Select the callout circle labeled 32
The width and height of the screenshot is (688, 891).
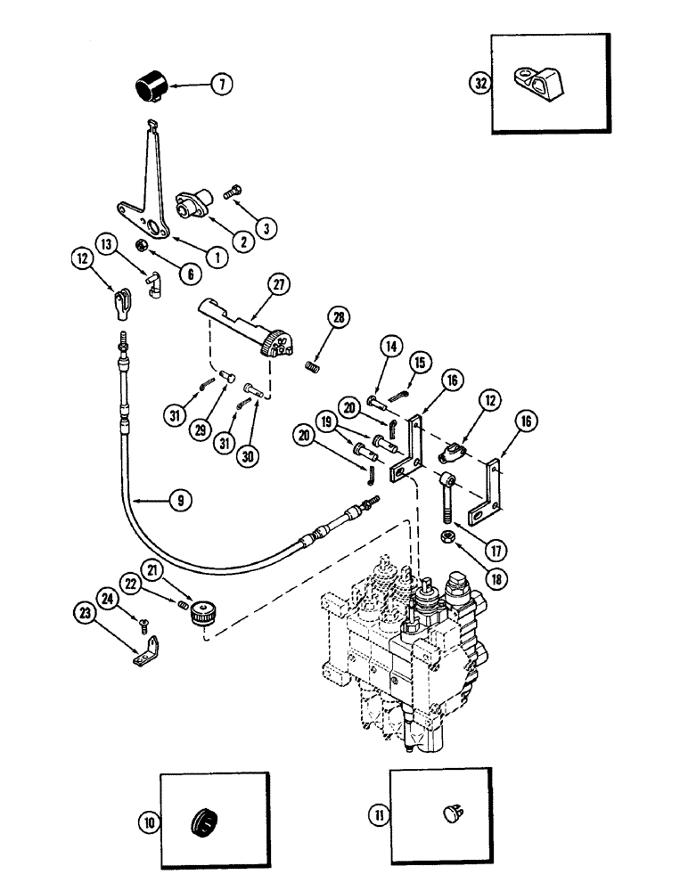pyautogui.click(x=480, y=85)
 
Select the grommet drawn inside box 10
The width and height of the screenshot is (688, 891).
pyautogui.click(x=204, y=819)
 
